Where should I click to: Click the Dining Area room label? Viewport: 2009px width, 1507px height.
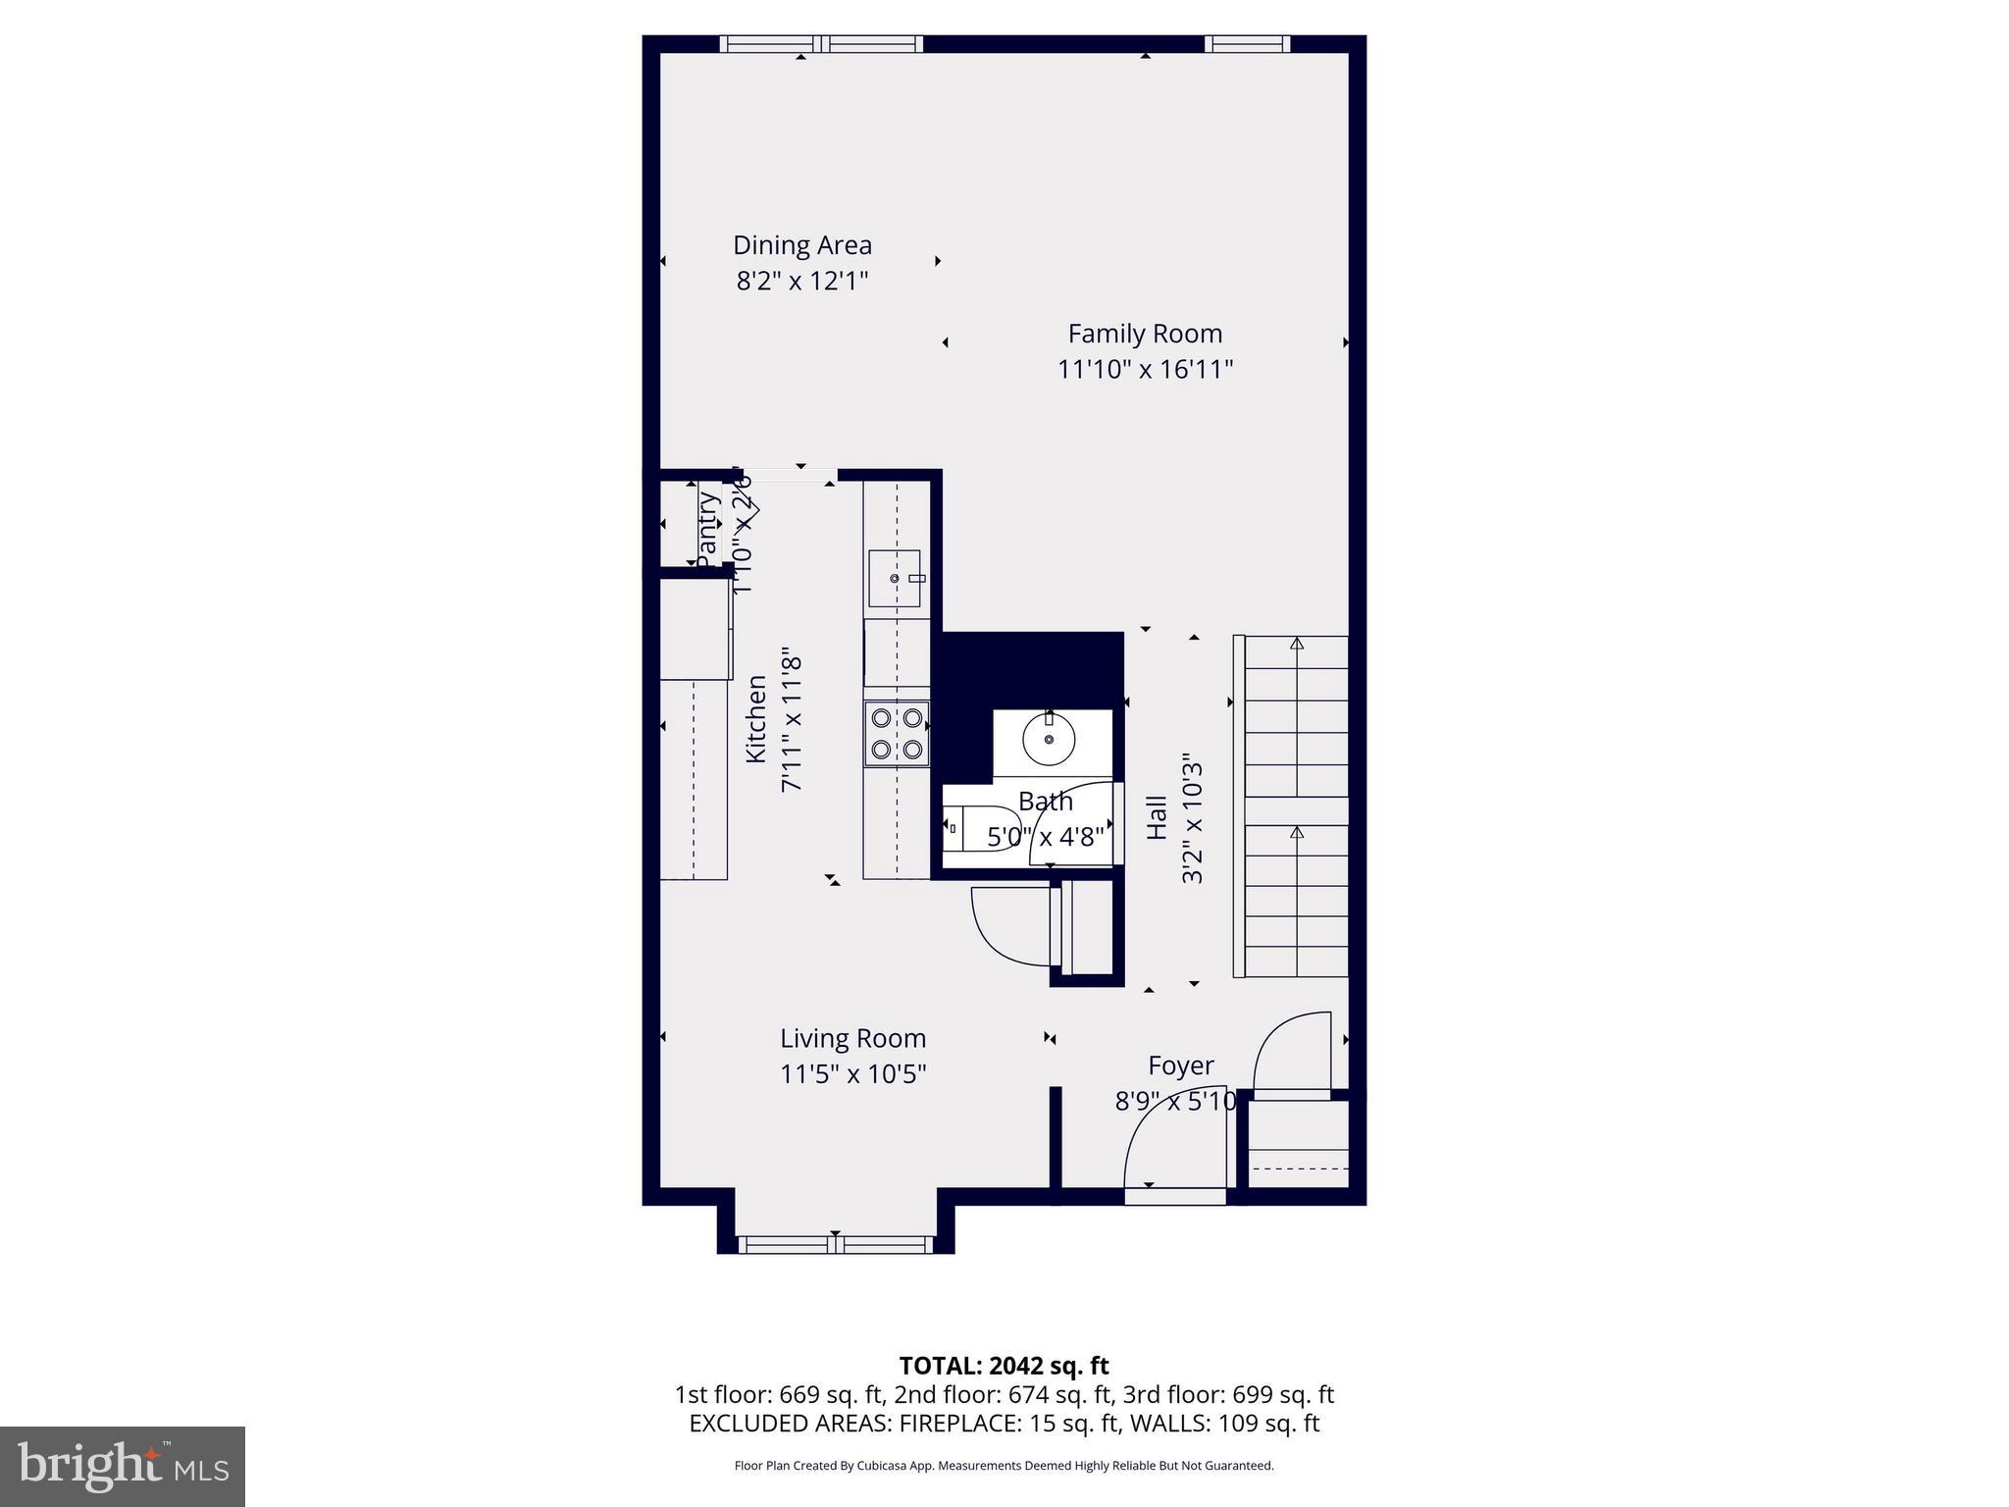coord(801,245)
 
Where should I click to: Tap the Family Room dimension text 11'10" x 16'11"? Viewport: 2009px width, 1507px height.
coord(1144,370)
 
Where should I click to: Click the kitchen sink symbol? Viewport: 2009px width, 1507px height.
coord(895,579)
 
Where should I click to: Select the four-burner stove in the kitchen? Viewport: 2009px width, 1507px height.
coord(897,733)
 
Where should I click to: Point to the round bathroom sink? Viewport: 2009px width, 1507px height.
coord(1049,739)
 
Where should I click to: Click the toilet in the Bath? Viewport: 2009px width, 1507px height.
coord(959,828)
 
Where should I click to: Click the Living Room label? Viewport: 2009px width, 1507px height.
coord(852,1038)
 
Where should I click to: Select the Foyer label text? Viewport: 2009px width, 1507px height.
coord(1180,1065)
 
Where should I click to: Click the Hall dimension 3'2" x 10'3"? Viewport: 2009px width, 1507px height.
coord(1192,818)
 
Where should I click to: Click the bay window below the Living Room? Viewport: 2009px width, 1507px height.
coord(835,1245)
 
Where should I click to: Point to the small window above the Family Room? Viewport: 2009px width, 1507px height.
coord(1246,43)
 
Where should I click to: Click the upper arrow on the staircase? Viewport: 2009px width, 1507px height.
coord(1297,645)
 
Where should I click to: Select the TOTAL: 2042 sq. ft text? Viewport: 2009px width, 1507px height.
coord(1004,1366)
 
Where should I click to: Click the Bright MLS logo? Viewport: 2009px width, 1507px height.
coord(123,1466)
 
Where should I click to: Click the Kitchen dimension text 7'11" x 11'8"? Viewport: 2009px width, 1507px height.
coord(792,724)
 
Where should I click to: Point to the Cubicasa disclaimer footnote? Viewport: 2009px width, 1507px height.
coord(1004,1466)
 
